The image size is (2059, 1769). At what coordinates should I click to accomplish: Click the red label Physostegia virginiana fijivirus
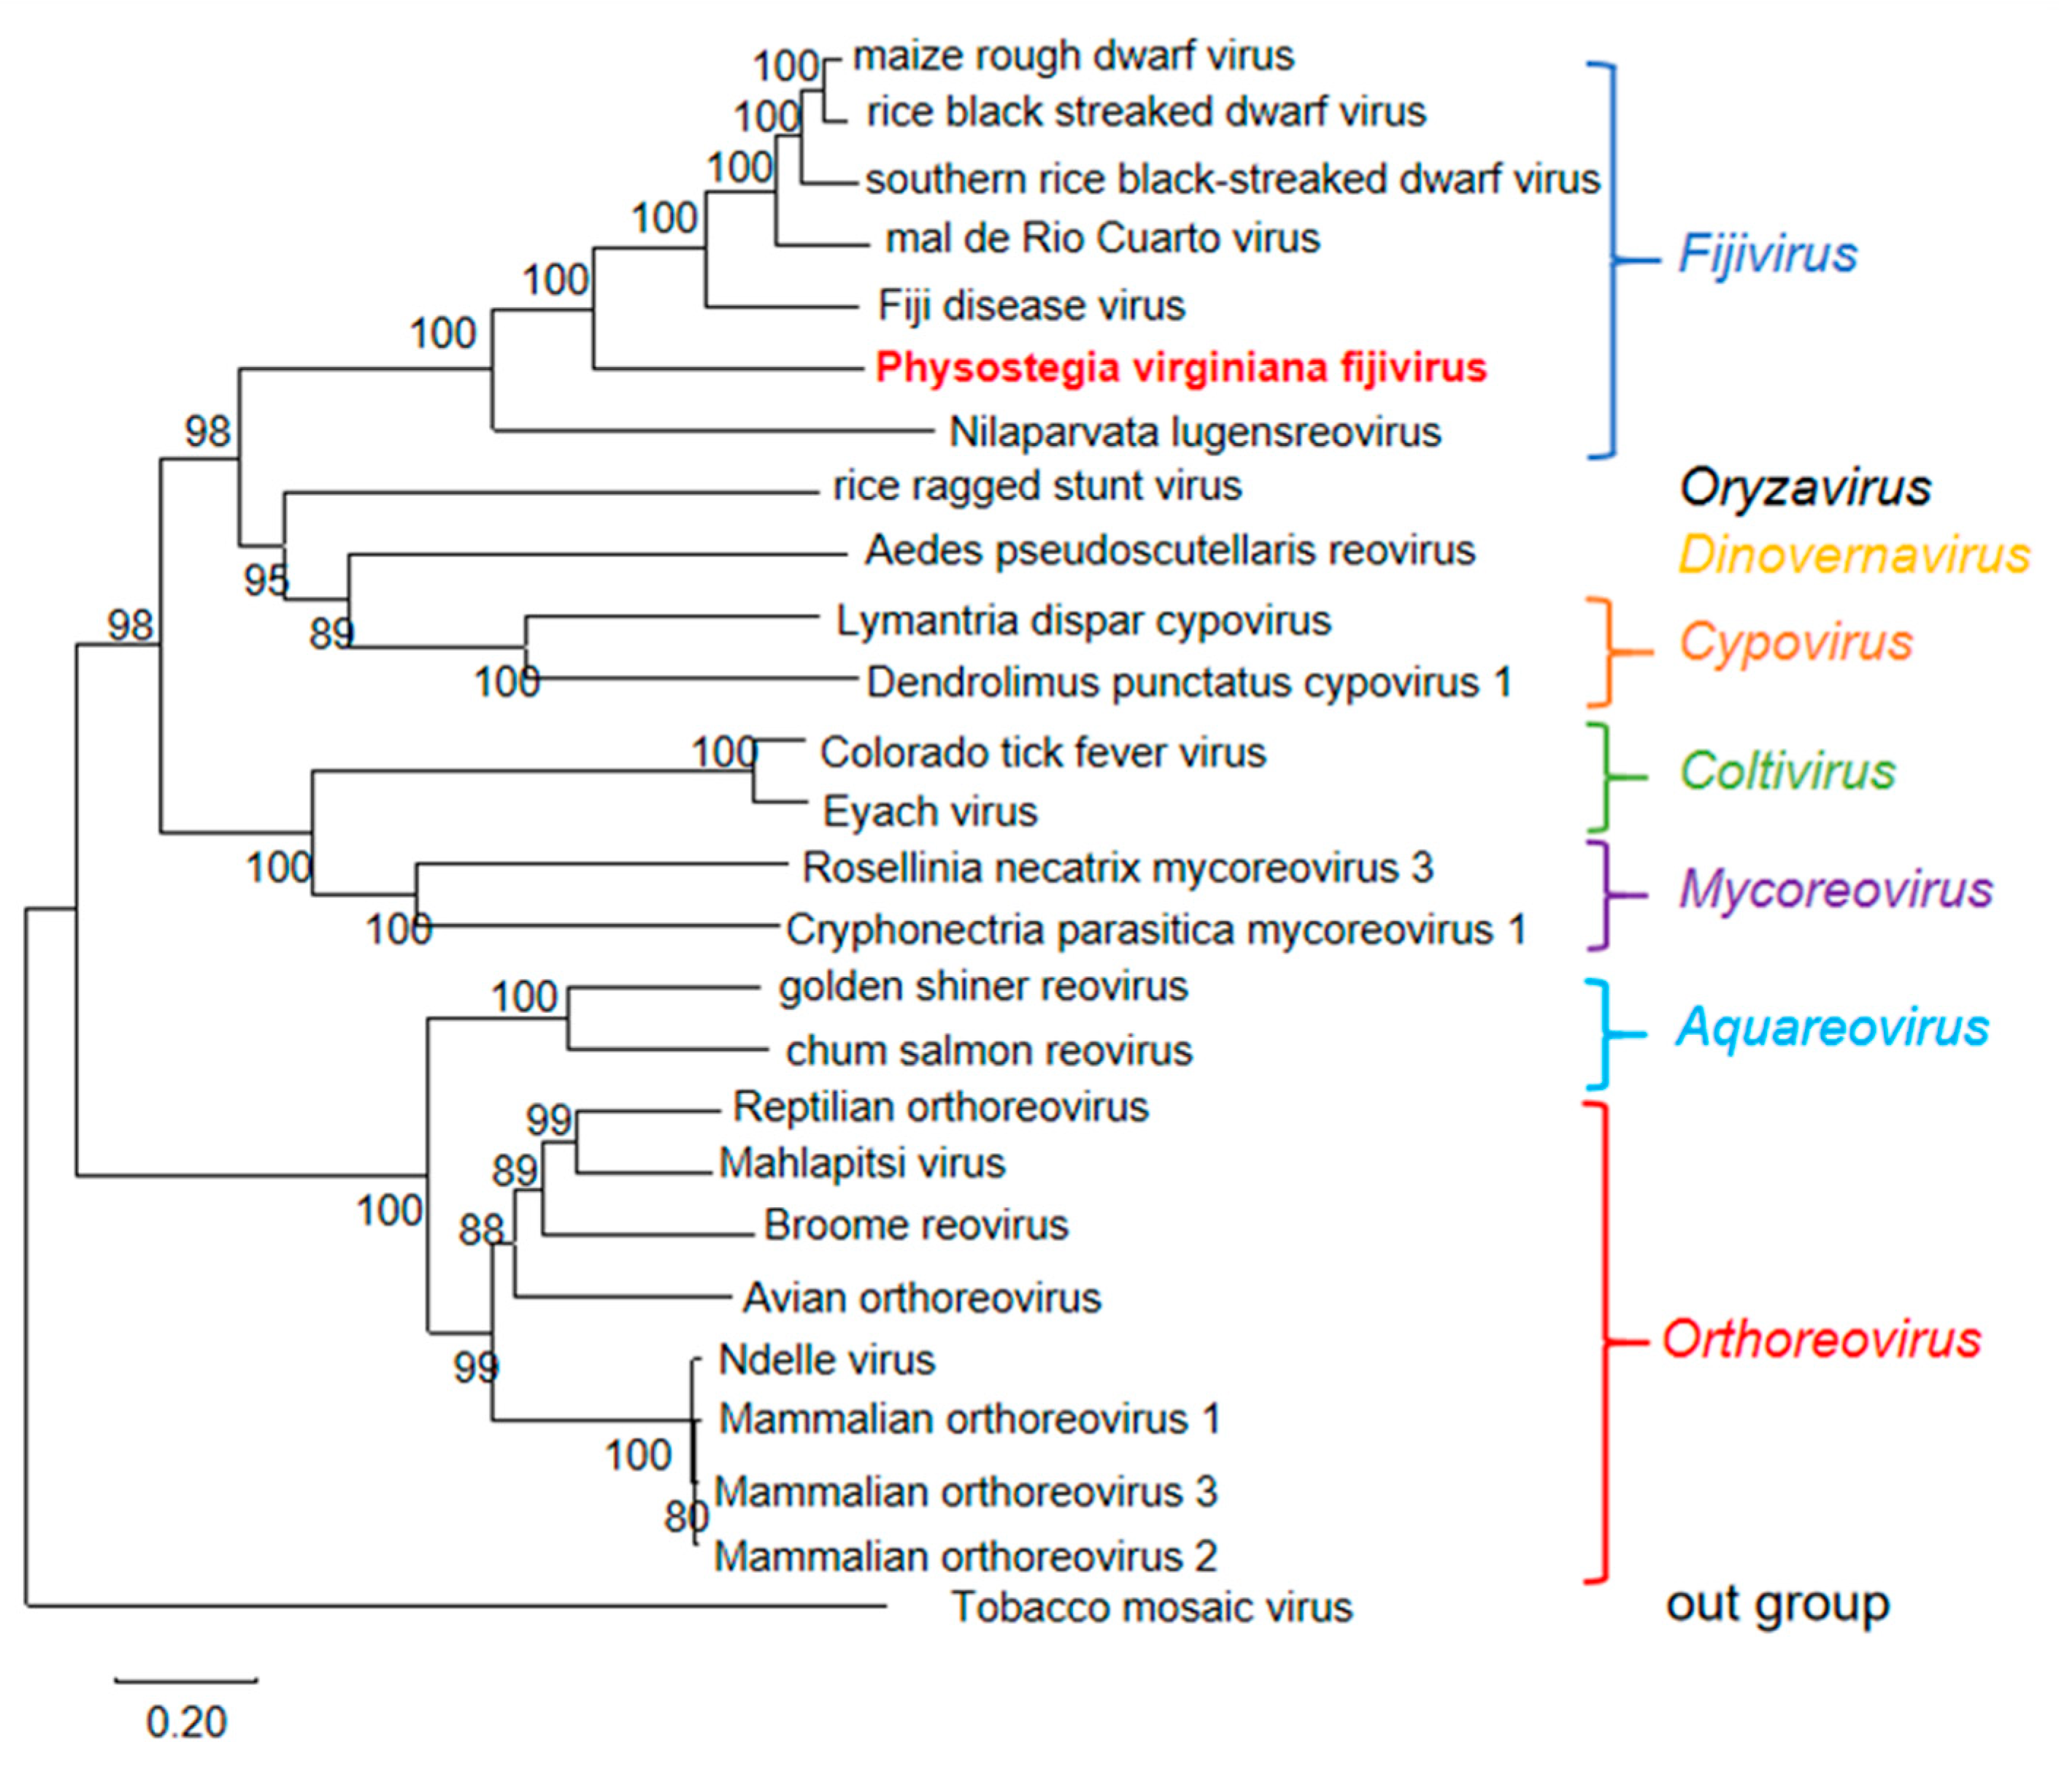pos(1179,369)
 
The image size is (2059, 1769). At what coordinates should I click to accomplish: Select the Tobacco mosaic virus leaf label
pos(1152,1607)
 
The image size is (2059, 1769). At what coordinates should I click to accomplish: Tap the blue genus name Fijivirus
pos(1767,255)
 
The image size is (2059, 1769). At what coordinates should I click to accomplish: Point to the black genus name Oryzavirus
pos(1804,488)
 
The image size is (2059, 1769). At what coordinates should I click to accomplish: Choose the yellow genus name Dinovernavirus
pos(1853,555)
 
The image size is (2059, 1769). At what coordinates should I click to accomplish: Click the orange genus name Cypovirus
pos(1796,642)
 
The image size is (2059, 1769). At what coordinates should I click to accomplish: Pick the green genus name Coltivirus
pos(1787,771)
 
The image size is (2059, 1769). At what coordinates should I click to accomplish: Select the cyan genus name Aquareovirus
pos(1831,1027)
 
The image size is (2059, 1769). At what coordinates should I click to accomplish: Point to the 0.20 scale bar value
pos(186,1722)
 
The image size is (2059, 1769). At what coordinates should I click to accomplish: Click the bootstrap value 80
pos(685,1516)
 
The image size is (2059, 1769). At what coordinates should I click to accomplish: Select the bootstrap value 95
pos(266,580)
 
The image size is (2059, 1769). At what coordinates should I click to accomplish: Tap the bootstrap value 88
pos(480,1230)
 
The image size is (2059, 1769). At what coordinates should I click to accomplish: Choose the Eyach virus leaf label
pos(929,812)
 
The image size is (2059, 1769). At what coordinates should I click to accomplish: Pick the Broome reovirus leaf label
pos(915,1225)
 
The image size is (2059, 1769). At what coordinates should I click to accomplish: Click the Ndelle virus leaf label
pos(827,1360)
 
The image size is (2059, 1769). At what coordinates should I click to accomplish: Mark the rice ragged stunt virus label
pos(1036,487)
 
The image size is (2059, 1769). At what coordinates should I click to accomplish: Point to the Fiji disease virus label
pos(1031,306)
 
